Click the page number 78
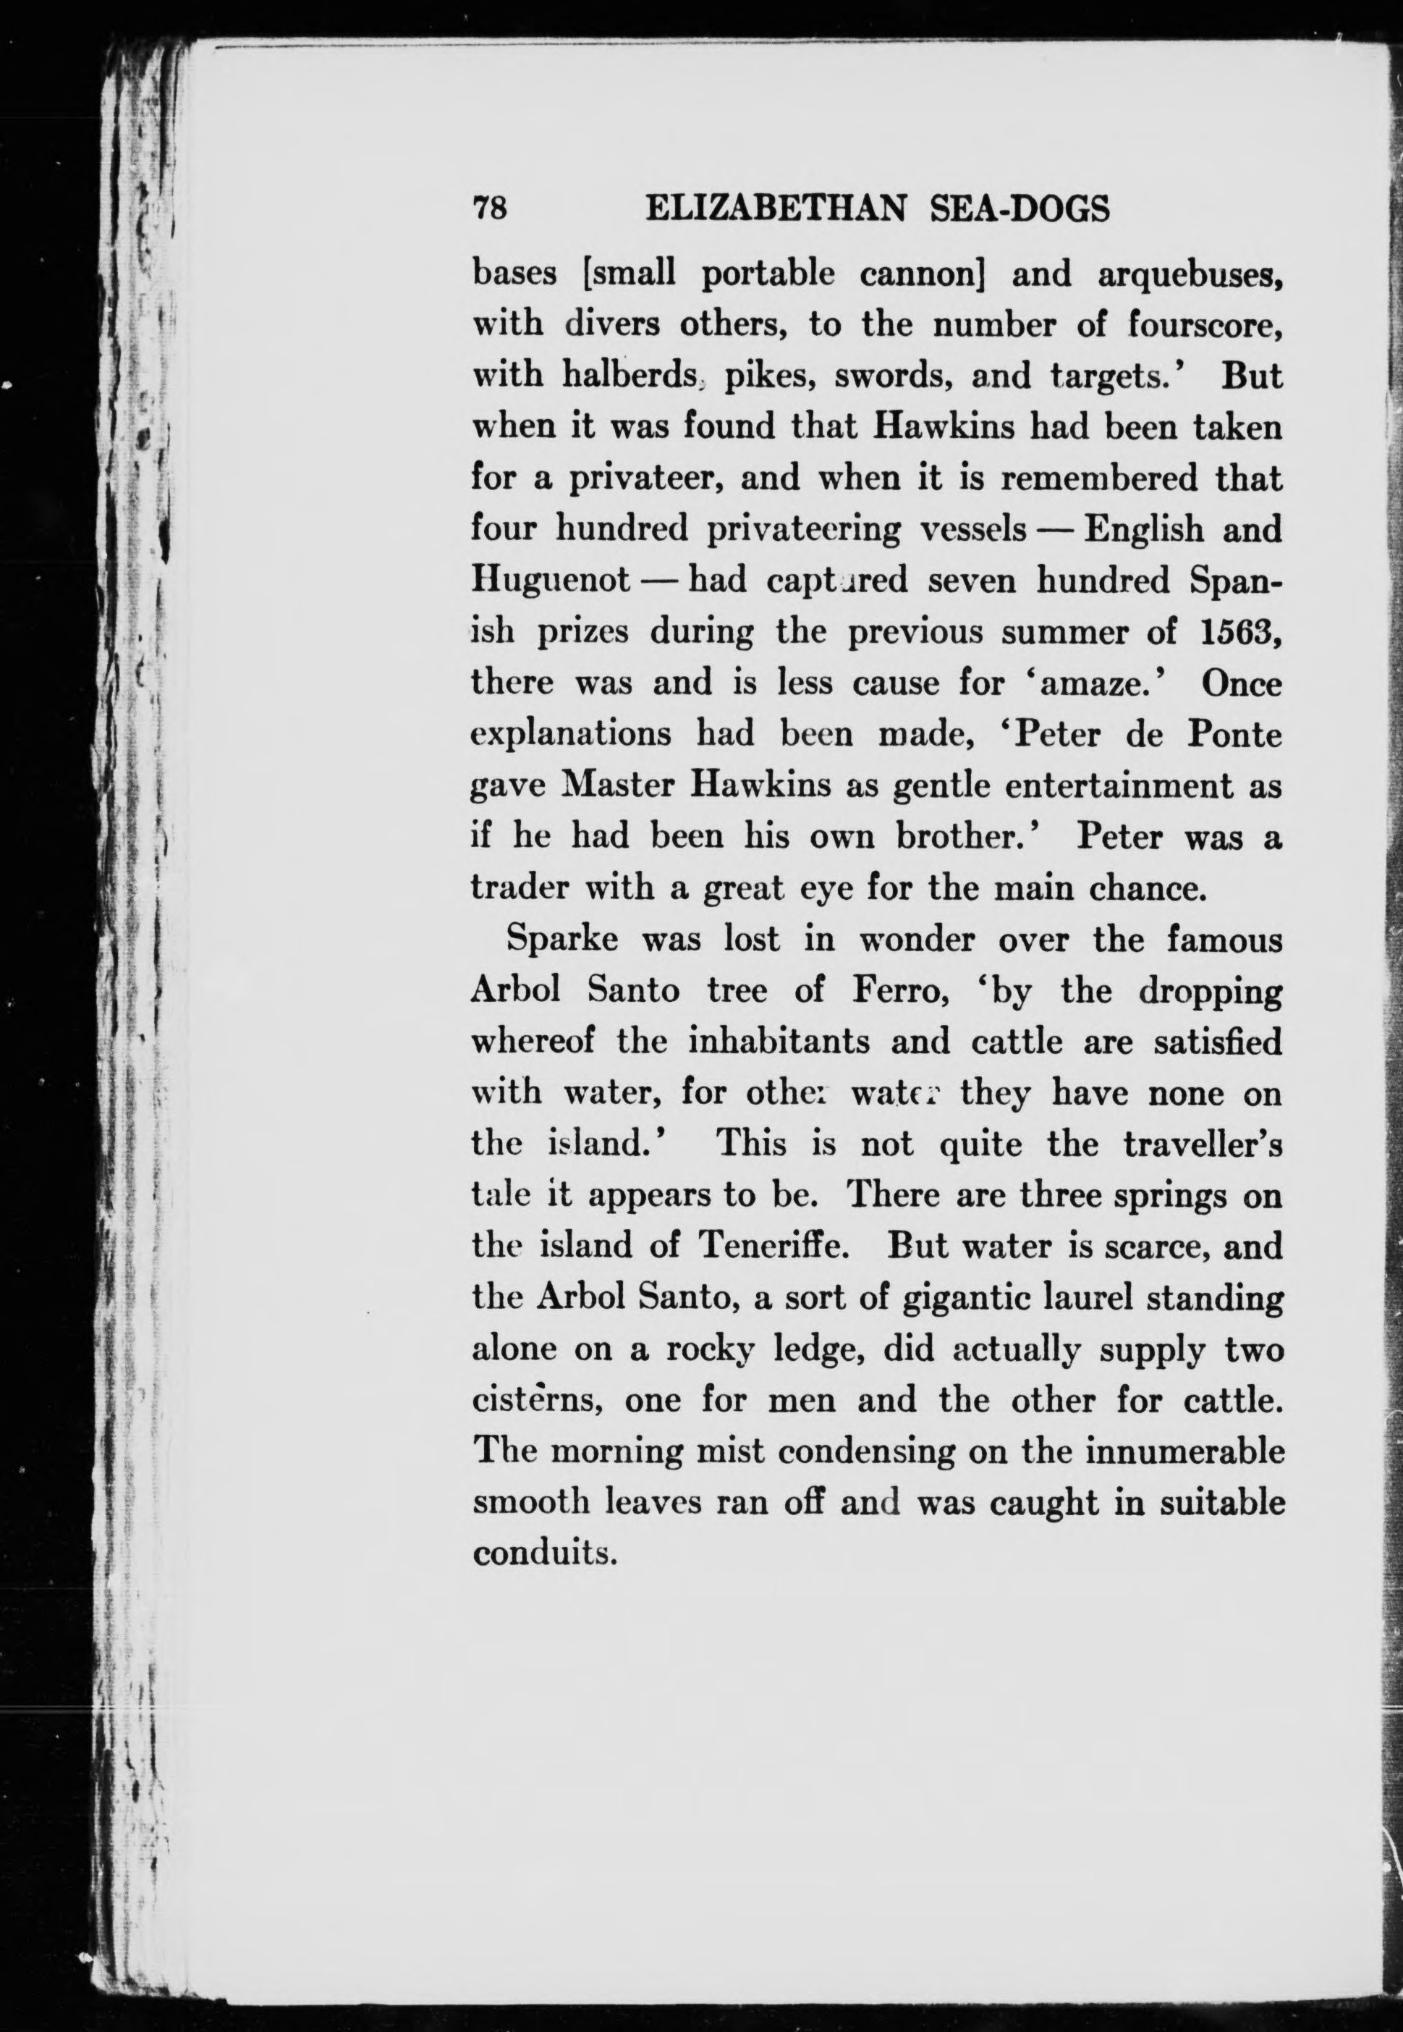(491, 209)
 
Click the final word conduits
(545, 1553)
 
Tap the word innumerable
(1184, 1451)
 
